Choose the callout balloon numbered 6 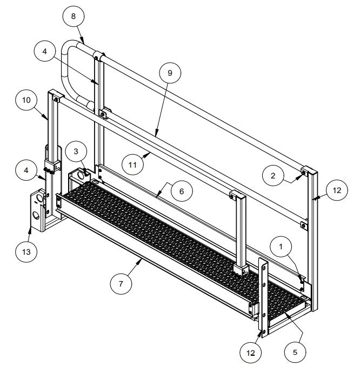182,191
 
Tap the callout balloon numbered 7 121,282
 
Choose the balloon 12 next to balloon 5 250,352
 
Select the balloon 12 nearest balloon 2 337,190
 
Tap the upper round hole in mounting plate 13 38,200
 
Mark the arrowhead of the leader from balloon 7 142,260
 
